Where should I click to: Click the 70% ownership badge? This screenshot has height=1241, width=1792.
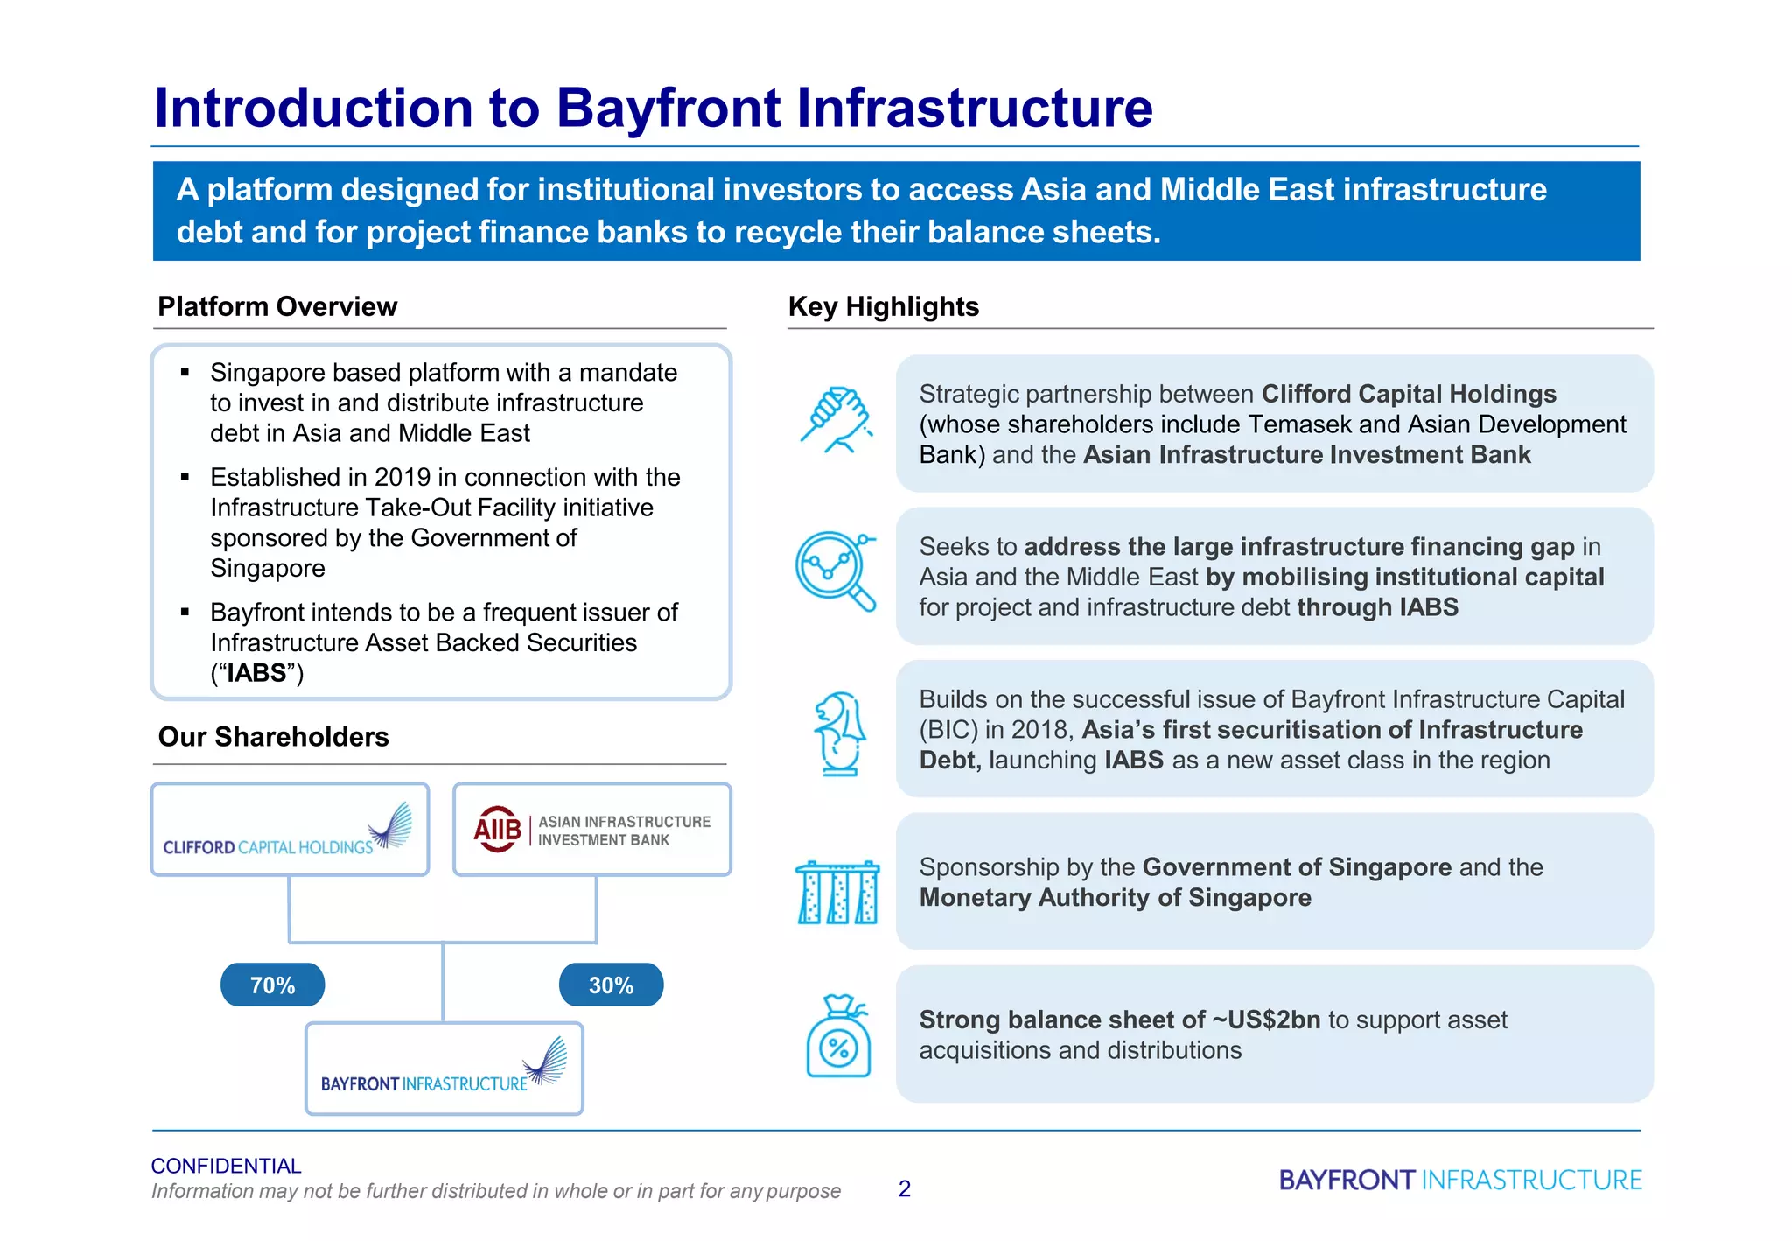272,985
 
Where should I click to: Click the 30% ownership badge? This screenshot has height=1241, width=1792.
611,985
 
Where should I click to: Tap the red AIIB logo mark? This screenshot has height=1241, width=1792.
497,829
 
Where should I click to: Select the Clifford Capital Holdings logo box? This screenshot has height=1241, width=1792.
290,829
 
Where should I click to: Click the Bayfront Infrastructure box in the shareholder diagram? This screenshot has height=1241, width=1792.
444,1068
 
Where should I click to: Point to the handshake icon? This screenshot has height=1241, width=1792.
836,420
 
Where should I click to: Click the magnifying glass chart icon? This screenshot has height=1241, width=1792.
835,571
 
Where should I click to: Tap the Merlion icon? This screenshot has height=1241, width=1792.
838,733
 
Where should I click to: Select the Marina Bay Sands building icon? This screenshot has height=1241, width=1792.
837,892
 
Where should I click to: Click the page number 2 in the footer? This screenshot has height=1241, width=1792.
904,1188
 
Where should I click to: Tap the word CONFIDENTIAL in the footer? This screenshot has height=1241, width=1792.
226,1166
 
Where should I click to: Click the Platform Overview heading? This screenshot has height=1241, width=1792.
277,306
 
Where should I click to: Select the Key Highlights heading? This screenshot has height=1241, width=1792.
883,306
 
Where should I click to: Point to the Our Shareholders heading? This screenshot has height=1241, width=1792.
273,737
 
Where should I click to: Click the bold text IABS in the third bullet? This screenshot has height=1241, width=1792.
256,673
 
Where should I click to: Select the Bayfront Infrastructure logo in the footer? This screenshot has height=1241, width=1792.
1459,1180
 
